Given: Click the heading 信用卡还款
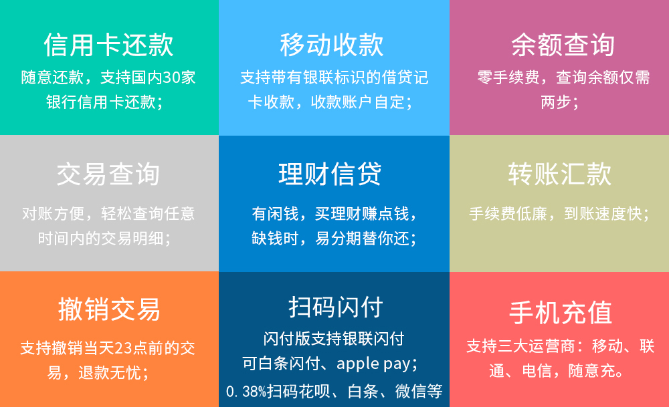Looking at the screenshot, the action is (109, 45).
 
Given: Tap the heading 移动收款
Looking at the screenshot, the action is (332, 45).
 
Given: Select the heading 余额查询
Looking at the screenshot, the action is (563, 45).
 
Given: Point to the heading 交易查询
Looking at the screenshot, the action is (108, 174).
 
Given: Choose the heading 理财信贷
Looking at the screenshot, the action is (330, 174).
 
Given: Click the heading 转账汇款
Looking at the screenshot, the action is (560, 174).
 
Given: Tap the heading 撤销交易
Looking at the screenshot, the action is (109, 309).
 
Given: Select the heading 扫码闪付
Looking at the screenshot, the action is (336, 307).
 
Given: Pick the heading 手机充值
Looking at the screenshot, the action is (561, 312).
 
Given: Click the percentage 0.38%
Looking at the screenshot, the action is (246, 391).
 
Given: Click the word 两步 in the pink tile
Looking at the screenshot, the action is (555, 102).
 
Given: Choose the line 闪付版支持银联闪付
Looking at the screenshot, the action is (334, 339).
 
